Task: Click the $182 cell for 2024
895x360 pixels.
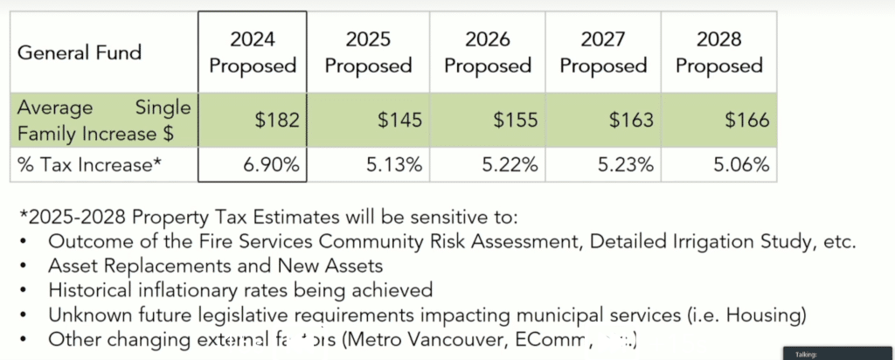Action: tap(276, 120)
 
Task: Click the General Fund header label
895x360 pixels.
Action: tap(80, 52)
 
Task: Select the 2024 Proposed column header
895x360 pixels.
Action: tap(253, 52)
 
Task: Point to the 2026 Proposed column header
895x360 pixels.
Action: tap(487, 52)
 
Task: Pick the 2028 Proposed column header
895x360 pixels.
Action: tap(719, 52)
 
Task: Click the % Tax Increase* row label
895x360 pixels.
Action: tap(90, 163)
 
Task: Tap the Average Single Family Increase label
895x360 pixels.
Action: tap(103, 120)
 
